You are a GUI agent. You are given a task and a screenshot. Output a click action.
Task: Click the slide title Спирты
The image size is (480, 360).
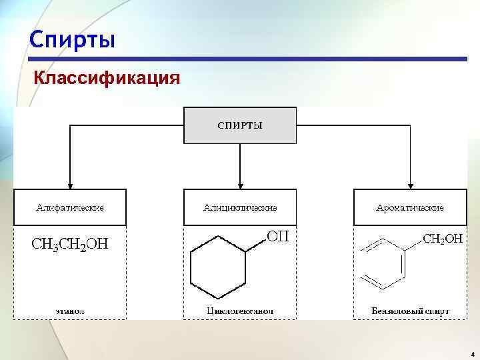72,40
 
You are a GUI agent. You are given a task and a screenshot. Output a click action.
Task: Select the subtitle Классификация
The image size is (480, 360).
107,79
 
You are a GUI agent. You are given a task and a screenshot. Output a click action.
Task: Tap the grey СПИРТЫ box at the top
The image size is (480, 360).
240,125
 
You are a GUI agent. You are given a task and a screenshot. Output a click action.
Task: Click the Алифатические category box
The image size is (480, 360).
69,207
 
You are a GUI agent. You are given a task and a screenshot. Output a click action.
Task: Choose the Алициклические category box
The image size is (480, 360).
240,207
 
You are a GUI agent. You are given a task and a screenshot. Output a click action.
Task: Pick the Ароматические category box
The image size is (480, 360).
410,207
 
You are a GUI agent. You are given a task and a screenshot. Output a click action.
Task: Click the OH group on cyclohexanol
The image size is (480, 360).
277,236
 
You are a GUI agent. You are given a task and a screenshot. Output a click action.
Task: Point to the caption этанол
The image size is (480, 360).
70,311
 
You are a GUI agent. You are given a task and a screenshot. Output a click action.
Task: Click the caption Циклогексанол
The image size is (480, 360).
240,311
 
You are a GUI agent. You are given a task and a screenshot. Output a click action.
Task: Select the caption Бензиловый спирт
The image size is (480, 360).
410,311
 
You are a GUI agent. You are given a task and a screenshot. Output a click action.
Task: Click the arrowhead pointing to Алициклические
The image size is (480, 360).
240,185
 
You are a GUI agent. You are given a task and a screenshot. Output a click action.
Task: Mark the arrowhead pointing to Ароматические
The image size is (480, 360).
410,185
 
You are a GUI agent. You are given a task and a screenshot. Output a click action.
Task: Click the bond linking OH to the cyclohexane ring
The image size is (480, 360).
257,245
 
